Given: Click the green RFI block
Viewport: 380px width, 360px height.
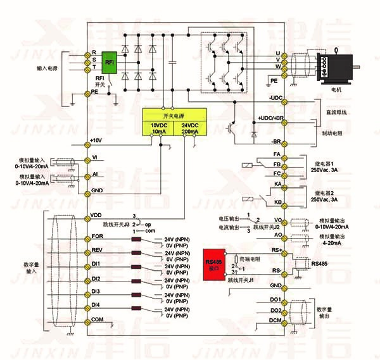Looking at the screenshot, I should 110,63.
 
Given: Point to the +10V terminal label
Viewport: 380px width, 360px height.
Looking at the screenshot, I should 96,140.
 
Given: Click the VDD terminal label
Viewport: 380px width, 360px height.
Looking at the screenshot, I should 97,214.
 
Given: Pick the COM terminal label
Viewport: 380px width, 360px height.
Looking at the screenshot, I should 97,320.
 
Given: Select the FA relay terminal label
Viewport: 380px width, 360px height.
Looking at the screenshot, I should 276,155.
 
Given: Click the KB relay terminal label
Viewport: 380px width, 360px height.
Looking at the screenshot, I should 277,202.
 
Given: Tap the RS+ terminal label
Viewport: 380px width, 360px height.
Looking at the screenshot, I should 276,251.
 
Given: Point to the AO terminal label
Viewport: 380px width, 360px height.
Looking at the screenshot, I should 277,234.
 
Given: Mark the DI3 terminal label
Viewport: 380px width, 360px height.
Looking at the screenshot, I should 96,291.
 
